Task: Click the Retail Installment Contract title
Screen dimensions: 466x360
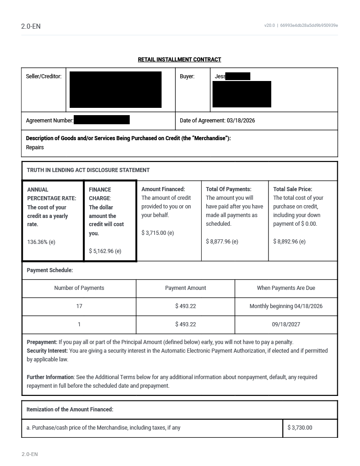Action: [x=179, y=60]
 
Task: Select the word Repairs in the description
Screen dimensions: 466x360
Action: [x=35, y=147]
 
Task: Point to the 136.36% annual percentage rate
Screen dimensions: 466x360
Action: [x=41, y=242]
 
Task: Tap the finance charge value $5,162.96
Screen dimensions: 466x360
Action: [x=105, y=251]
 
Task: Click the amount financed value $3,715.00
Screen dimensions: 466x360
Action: [x=157, y=233]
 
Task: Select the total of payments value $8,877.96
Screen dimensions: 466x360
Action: [x=222, y=242]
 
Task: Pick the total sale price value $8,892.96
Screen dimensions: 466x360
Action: [x=289, y=242]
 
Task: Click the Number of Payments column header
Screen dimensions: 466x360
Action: [x=79, y=288]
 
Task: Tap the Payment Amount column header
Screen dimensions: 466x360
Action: [x=185, y=288]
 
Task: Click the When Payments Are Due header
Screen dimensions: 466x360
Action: [x=286, y=288]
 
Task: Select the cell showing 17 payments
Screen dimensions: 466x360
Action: [x=79, y=306]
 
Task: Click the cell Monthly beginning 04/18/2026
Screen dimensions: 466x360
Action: [x=286, y=306]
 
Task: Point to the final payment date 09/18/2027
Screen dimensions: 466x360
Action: [x=286, y=324]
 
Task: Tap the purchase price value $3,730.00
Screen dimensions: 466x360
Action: [x=299, y=428]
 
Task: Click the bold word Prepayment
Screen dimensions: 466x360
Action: [x=42, y=342]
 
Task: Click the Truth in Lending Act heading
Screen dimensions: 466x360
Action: [x=88, y=170]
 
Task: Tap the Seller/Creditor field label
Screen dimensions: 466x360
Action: [x=44, y=76]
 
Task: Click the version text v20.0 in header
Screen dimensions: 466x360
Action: [x=269, y=25]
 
